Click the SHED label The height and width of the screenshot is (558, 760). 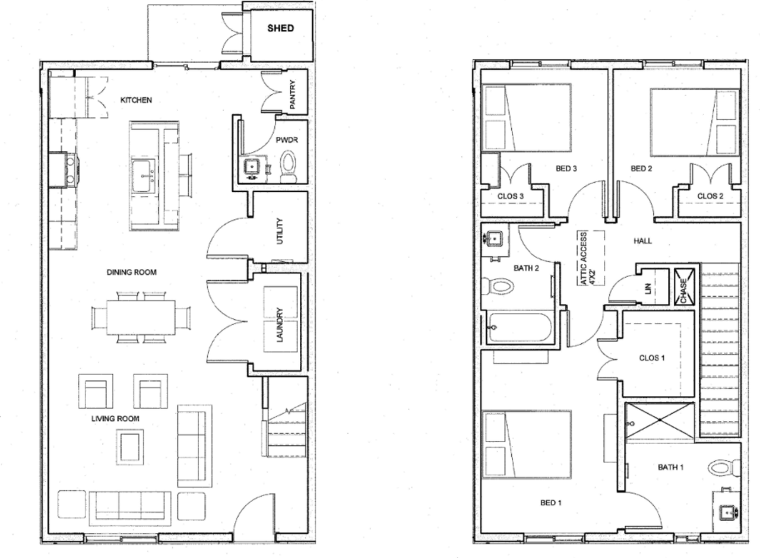click(280, 28)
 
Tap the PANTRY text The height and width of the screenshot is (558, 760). click(293, 94)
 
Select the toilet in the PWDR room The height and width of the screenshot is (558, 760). click(289, 167)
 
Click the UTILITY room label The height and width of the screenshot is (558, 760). click(280, 231)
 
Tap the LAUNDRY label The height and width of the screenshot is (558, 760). click(280, 325)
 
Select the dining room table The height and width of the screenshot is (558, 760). click(141, 317)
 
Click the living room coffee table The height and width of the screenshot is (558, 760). click(129, 447)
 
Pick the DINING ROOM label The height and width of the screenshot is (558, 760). click(132, 272)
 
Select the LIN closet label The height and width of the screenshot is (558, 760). click(648, 288)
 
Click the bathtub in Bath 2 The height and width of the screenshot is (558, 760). click(519, 327)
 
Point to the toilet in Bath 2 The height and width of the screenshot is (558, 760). click(498, 286)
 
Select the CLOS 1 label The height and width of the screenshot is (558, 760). click(652, 358)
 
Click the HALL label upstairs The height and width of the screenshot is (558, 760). click(642, 241)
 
